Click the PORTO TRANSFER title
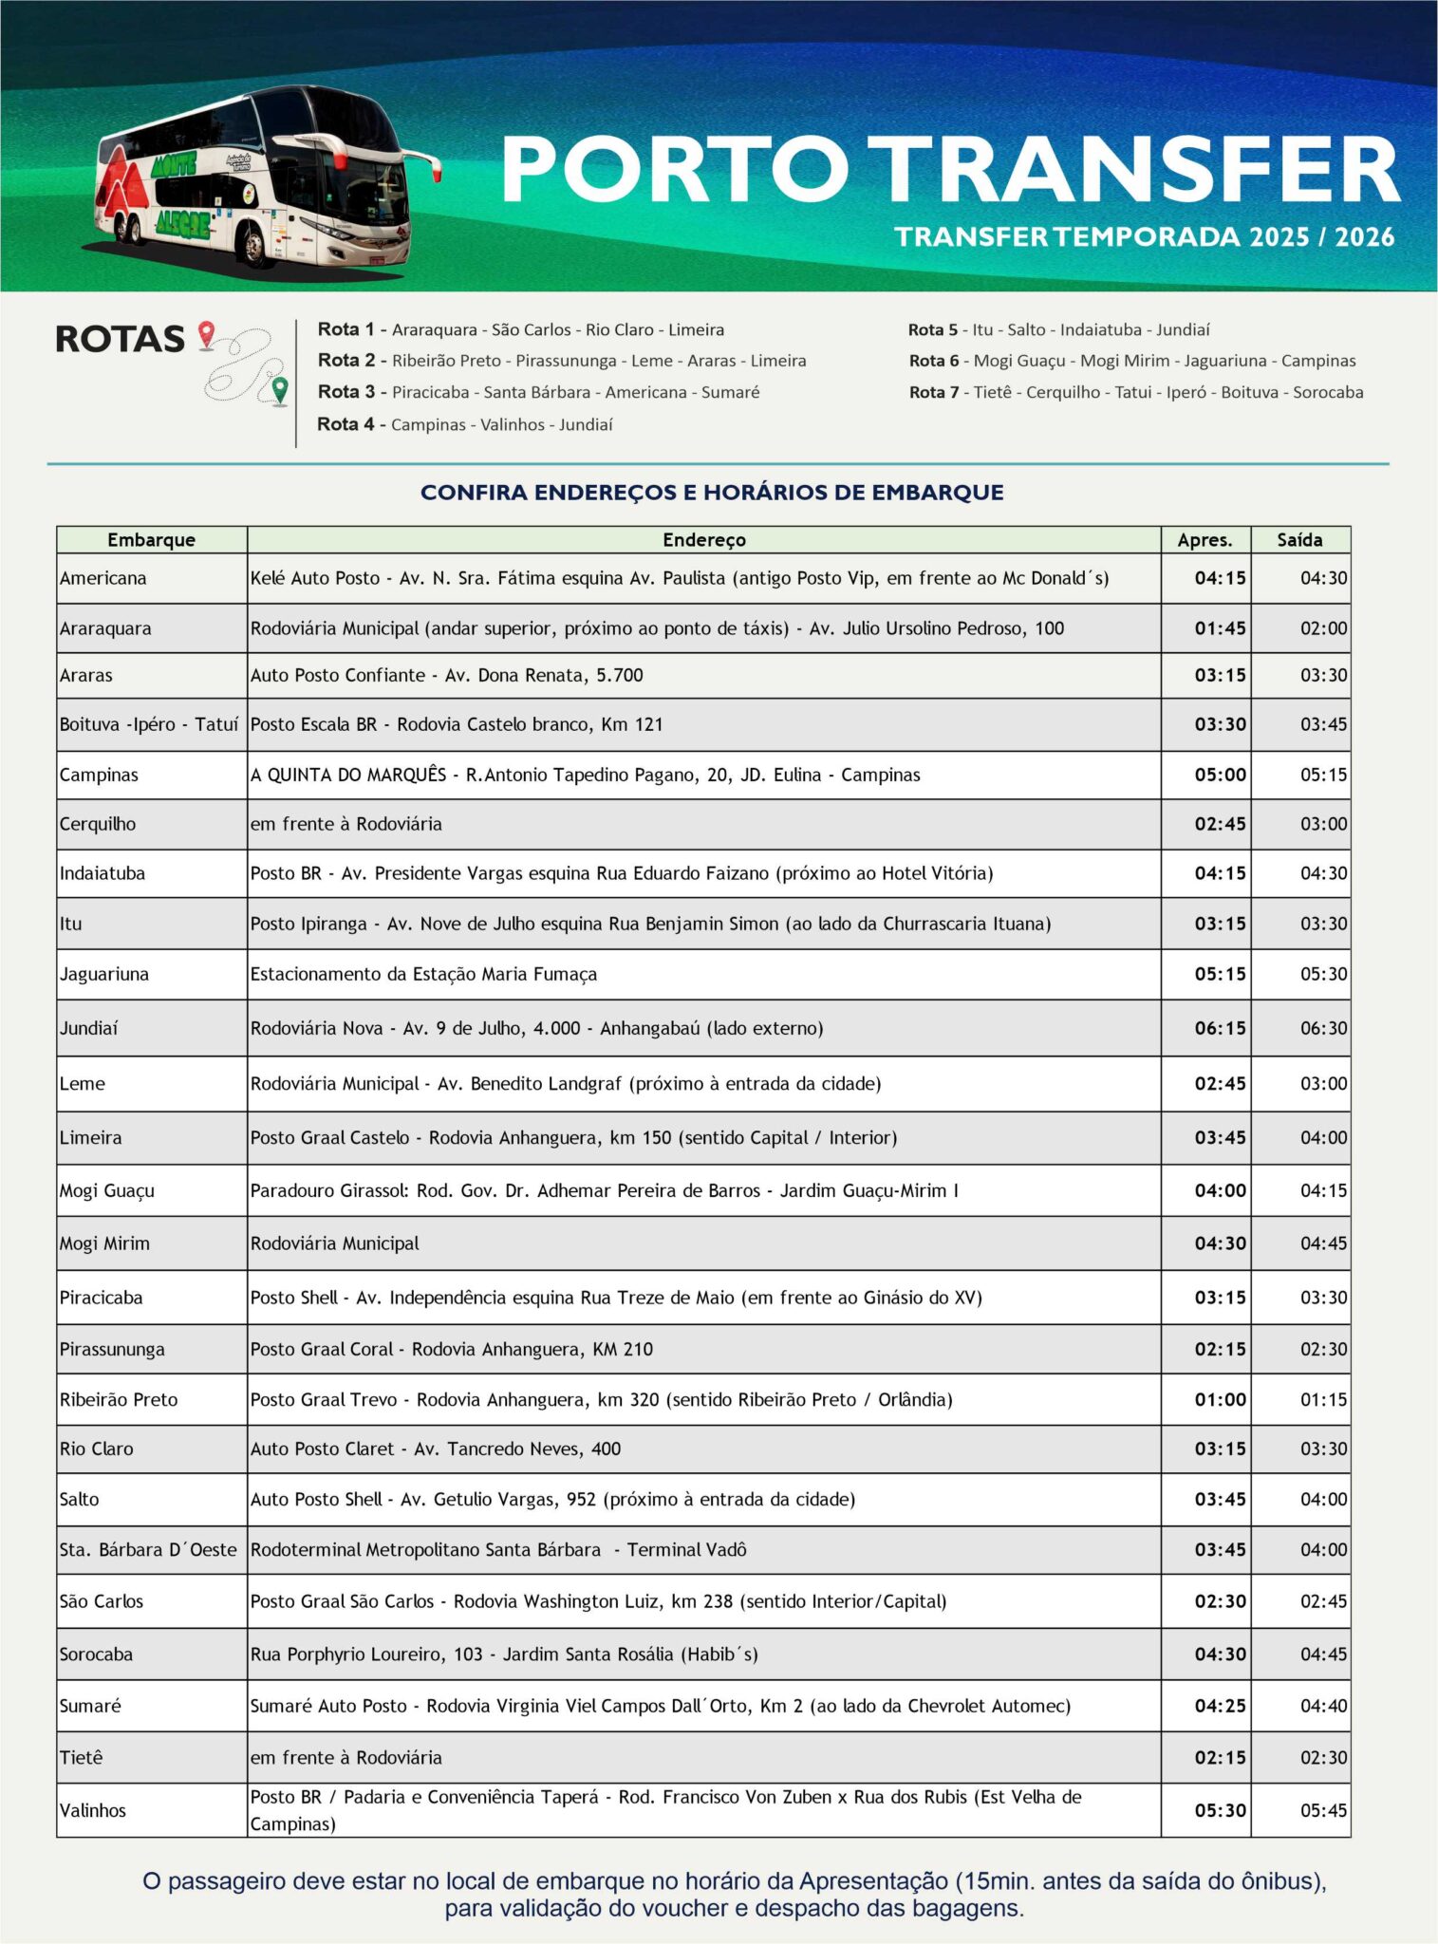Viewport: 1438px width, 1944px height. [x=949, y=169]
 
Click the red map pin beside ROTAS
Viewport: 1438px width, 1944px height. [x=206, y=335]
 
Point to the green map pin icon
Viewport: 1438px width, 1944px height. [x=279, y=390]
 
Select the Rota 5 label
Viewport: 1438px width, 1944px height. [x=932, y=330]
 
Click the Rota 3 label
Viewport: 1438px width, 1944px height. [x=345, y=392]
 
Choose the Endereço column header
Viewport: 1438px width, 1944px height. [x=703, y=540]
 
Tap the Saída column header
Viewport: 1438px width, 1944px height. [x=1299, y=540]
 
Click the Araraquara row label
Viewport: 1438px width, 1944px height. [x=105, y=628]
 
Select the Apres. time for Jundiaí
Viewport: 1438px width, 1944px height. [x=1220, y=1028]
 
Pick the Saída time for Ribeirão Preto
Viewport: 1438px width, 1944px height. [x=1323, y=1399]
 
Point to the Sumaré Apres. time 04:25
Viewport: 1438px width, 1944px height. [x=1220, y=1706]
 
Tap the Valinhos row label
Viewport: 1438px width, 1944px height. [x=93, y=1810]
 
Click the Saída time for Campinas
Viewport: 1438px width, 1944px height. [x=1323, y=775]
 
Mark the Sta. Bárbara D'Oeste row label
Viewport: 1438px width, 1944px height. [x=148, y=1550]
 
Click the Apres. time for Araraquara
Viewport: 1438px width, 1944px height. [x=1220, y=628]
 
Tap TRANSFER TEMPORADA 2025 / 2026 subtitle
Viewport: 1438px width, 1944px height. [x=1145, y=236]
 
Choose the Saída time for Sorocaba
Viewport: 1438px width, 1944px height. [x=1323, y=1654]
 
